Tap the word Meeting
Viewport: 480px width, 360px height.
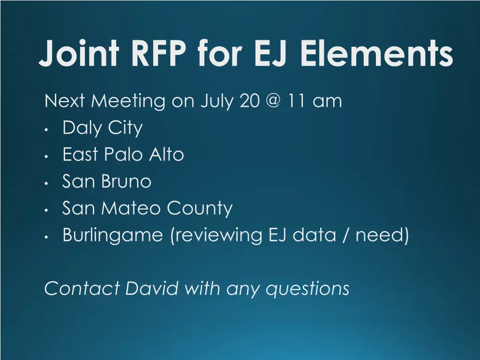(x=127, y=101)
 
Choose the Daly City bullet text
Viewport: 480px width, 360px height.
(x=102, y=128)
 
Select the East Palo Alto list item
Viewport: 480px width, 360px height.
(x=123, y=154)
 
